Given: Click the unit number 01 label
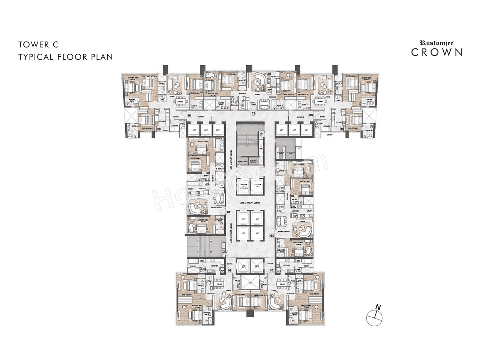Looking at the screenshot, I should click(190, 115).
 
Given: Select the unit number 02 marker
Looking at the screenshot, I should click(253, 113).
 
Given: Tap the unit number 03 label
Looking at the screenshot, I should click(311, 115).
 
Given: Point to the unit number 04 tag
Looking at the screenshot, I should click(272, 236).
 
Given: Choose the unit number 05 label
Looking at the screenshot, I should click(271, 270).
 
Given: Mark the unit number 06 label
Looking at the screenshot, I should click(229, 270).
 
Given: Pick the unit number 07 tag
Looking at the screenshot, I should click(229, 212).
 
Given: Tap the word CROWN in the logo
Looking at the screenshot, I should click(436, 52).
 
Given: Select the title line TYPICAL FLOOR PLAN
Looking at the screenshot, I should click(66, 57).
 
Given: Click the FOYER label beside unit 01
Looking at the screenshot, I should click(201, 117).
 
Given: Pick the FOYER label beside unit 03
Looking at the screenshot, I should click(300, 117).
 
